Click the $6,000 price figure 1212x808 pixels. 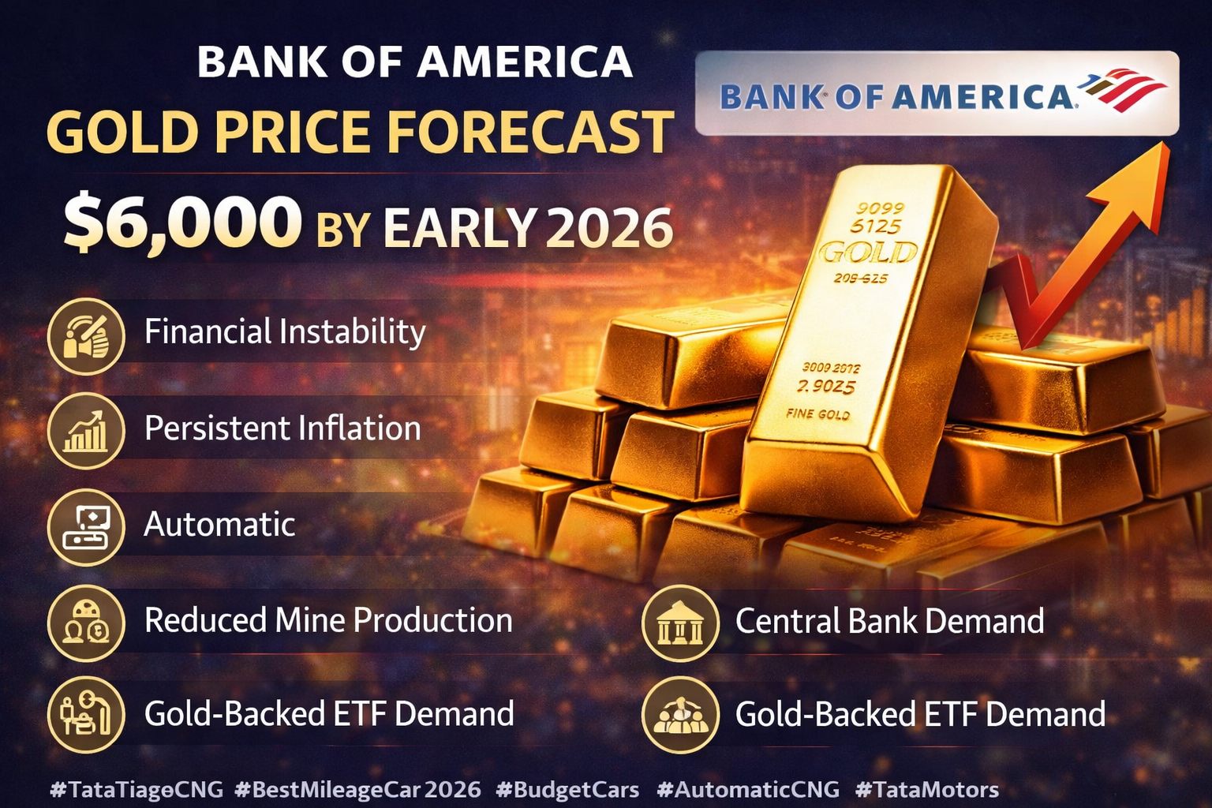[x=182, y=223]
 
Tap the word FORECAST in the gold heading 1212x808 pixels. [x=531, y=132]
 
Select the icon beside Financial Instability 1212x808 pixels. [x=86, y=336]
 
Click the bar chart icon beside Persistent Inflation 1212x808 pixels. [x=86, y=432]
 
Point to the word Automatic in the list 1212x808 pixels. [x=219, y=525]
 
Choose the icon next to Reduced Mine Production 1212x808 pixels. [x=86, y=623]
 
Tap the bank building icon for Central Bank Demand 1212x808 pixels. [x=681, y=623]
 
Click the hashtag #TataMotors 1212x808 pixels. [x=927, y=790]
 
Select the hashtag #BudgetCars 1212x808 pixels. [x=567, y=790]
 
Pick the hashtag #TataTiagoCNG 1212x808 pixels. [x=136, y=790]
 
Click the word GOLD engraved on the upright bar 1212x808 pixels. [x=869, y=252]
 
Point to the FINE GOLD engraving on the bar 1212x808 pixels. [x=817, y=414]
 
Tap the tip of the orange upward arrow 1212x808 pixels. [x=1169, y=144]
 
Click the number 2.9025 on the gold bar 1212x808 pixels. [x=826, y=387]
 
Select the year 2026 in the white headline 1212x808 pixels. [x=610, y=228]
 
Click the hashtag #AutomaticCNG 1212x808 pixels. [x=748, y=790]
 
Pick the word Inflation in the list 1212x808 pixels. [x=360, y=428]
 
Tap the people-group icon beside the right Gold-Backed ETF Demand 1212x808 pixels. [x=681, y=715]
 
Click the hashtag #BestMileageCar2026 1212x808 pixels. [x=357, y=790]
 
